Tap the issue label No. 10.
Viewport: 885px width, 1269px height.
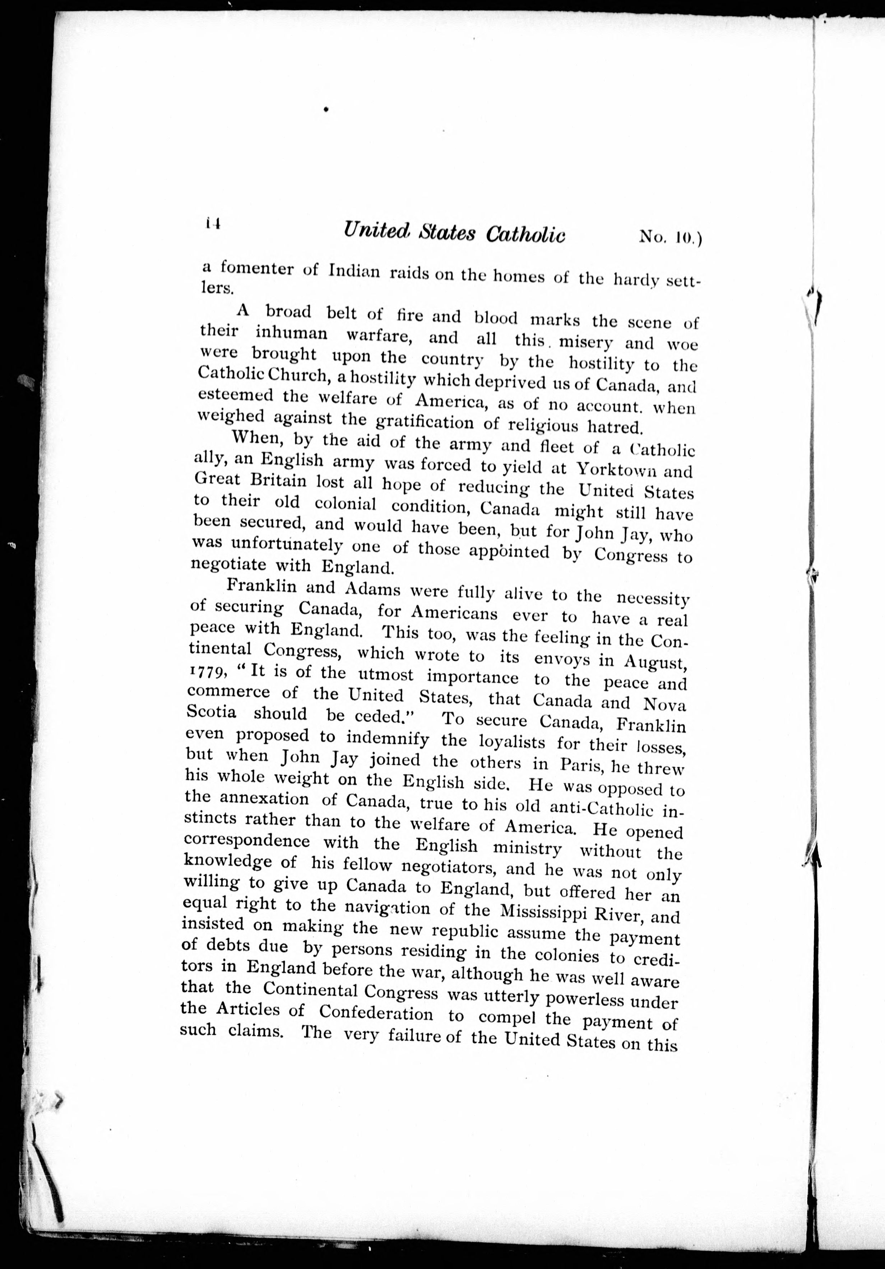[669, 237]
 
